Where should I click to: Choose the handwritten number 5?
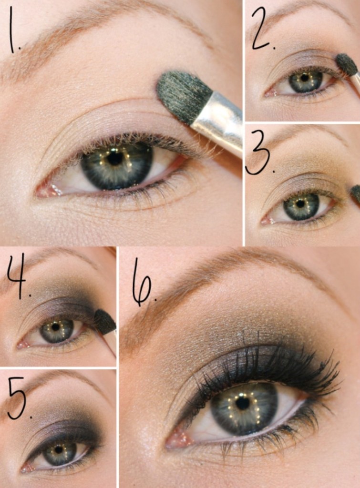18,398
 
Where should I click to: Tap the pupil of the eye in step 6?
242,403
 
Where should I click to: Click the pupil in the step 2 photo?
304,78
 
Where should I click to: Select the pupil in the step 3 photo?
300,204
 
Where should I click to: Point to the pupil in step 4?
56,327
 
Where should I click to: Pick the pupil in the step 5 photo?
59,449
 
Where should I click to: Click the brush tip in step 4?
104,321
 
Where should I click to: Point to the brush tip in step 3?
355,193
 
